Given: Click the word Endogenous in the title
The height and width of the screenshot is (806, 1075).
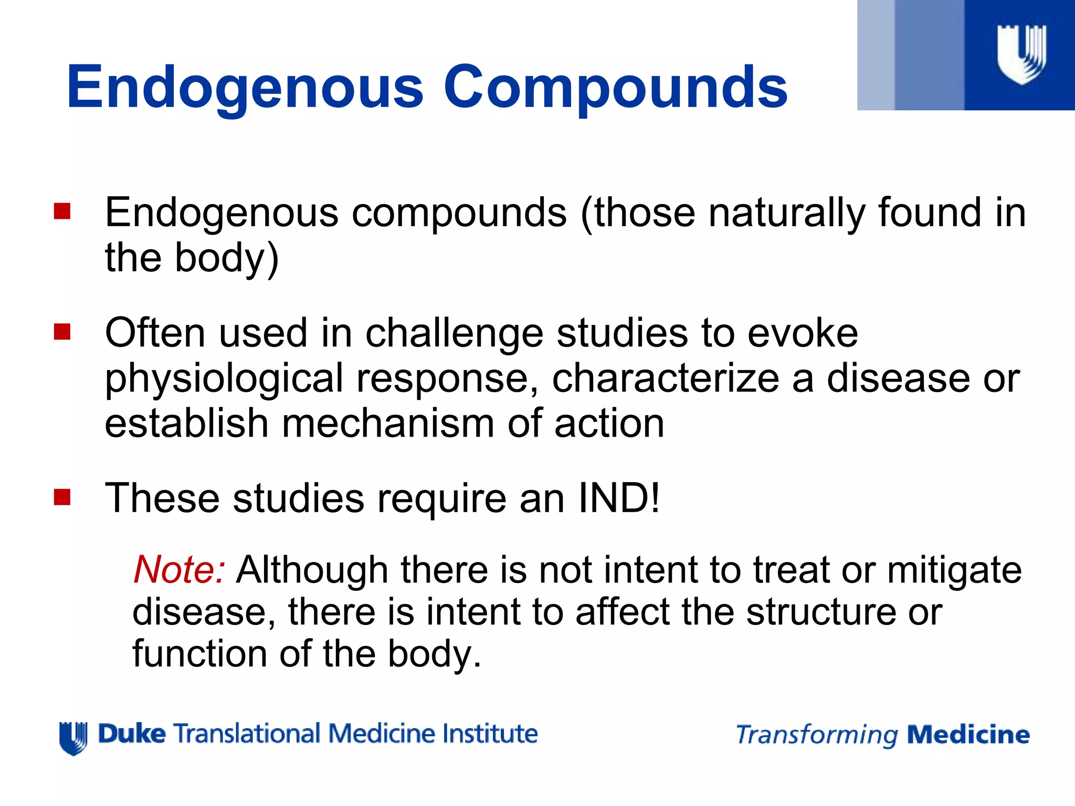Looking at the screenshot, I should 245,87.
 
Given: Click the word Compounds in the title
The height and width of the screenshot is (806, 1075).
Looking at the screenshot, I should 615,87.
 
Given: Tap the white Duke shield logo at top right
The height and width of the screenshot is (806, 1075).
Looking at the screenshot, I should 1021,54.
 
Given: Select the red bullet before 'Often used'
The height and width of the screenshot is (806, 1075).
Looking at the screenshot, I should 62,332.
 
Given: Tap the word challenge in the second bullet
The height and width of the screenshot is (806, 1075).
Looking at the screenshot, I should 454,334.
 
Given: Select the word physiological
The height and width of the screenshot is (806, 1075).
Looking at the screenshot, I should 224,379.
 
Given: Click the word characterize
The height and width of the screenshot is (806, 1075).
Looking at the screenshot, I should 666,378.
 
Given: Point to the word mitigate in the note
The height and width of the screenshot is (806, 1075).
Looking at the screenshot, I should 954,570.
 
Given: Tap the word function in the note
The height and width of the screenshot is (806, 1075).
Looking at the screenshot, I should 199,654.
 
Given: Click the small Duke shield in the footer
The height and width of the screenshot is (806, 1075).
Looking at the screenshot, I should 73,738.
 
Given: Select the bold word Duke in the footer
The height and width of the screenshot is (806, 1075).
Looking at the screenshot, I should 132,734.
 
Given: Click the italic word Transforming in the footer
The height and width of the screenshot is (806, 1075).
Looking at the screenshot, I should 817,735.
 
